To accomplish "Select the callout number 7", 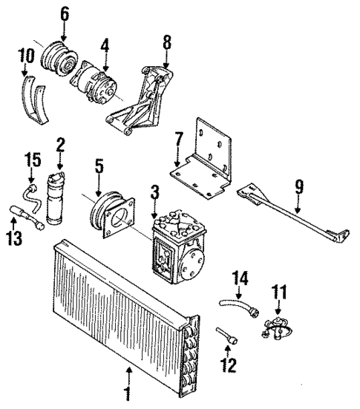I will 178,140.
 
